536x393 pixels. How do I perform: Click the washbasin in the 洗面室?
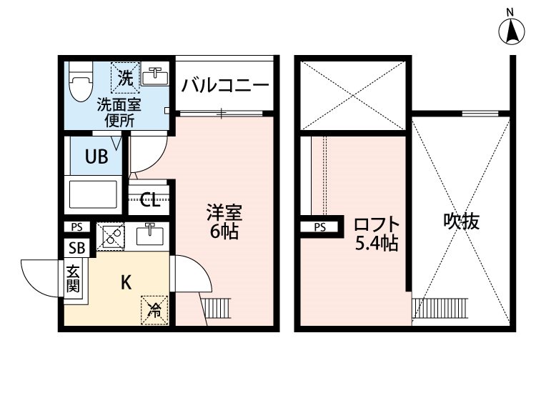click(x=154, y=76)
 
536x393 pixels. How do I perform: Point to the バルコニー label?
click(x=224, y=86)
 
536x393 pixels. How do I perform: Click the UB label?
click(x=97, y=156)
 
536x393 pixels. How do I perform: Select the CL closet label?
click(x=149, y=199)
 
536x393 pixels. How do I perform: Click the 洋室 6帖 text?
click(x=224, y=222)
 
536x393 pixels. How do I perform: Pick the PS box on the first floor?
click(x=76, y=227)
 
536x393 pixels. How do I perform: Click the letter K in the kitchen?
click(x=125, y=282)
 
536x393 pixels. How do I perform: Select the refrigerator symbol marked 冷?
click(x=154, y=309)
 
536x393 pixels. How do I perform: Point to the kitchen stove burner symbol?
click(x=110, y=237)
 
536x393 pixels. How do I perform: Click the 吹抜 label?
click(x=460, y=222)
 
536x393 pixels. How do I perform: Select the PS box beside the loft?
click(x=319, y=227)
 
